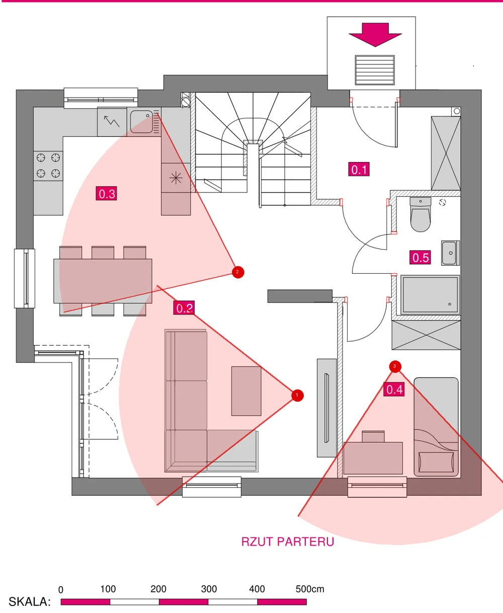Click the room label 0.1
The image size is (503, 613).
359,169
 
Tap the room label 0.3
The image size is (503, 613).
106,194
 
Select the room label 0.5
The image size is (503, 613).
420,258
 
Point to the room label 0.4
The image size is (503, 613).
394,389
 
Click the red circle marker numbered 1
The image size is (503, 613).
297,395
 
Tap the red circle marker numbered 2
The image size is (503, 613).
238,272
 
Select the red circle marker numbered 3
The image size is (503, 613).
395,366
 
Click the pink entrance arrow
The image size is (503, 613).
375,35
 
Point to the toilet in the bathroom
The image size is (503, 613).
421,214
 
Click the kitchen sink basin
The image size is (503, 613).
141,122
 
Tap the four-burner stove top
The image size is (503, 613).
48,166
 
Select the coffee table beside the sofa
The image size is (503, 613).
246,391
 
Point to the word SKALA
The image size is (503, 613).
30,601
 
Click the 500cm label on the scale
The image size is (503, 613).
310,589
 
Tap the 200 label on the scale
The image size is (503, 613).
158,589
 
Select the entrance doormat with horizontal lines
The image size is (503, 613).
375,70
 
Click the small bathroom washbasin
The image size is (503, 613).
450,253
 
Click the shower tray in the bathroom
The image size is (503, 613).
430,295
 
